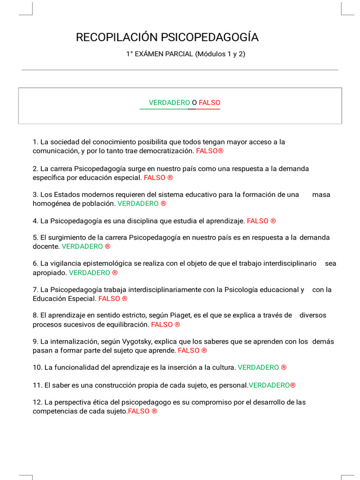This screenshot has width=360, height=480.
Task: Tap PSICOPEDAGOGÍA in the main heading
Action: pos(210,37)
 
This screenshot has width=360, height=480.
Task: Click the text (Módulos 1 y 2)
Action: pos(220,54)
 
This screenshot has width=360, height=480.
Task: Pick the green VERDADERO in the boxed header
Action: pos(169,103)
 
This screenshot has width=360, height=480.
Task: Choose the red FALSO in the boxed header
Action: pos(210,103)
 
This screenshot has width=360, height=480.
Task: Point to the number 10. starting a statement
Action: pos(37,367)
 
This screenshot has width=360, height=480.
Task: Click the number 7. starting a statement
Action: pos(35,290)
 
